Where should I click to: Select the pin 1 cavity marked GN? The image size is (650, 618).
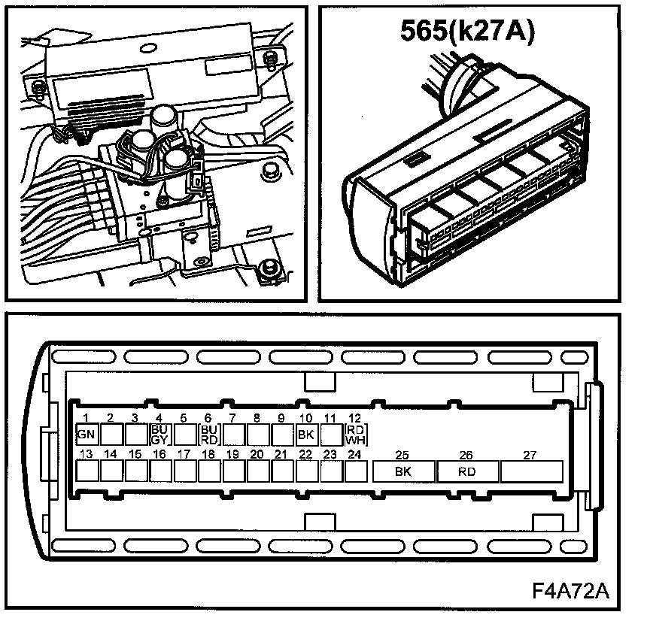click(x=86, y=434)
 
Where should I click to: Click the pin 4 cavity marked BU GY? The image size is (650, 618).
click(x=159, y=434)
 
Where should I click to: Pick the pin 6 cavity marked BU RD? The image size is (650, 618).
click(x=208, y=434)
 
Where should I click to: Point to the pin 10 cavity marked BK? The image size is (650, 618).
click(x=305, y=434)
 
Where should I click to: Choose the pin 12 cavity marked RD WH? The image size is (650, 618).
click(x=354, y=434)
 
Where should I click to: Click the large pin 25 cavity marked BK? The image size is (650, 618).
click(x=403, y=471)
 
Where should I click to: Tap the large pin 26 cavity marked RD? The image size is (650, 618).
click(x=466, y=471)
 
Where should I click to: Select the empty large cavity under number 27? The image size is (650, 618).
click(x=530, y=471)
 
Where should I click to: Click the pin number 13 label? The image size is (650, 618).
click(x=86, y=453)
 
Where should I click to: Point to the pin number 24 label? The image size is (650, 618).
click(x=354, y=453)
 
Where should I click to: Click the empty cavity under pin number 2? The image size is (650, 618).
click(x=111, y=434)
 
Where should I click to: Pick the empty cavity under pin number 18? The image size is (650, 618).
click(x=208, y=471)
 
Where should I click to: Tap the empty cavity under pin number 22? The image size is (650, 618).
click(x=305, y=471)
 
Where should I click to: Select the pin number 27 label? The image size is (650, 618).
click(x=530, y=453)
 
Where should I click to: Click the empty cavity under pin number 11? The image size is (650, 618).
click(x=330, y=434)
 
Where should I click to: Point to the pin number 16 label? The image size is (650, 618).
click(x=159, y=453)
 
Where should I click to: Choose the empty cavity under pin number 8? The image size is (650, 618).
click(x=257, y=434)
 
